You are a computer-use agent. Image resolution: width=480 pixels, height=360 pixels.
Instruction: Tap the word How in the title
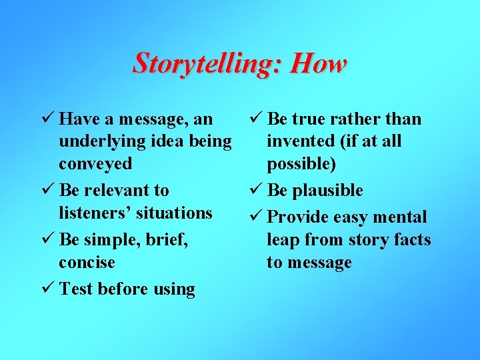click(x=319, y=64)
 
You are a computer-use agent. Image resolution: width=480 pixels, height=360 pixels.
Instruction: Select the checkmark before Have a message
click(x=48, y=119)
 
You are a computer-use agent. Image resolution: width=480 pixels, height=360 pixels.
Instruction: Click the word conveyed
click(x=95, y=164)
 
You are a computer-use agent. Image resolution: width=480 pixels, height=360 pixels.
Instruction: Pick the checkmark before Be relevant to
click(x=48, y=190)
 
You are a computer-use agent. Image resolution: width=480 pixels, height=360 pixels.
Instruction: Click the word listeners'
click(x=100, y=213)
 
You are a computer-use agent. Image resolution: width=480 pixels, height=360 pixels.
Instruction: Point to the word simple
click(x=111, y=239)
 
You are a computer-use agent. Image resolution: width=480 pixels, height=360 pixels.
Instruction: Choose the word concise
click(x=87, y=262)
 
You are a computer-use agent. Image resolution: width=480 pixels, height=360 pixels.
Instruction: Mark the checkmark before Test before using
click(x=48, y=289)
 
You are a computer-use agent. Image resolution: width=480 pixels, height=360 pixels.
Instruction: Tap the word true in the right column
click(x=309, y=119)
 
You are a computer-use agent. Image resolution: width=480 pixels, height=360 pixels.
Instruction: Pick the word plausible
click(x=327, y=190)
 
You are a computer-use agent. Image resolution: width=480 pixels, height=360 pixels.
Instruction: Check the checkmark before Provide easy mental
click(x=256, y=217)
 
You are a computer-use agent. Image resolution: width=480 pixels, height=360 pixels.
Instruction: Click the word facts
click(x=409, y=239)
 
